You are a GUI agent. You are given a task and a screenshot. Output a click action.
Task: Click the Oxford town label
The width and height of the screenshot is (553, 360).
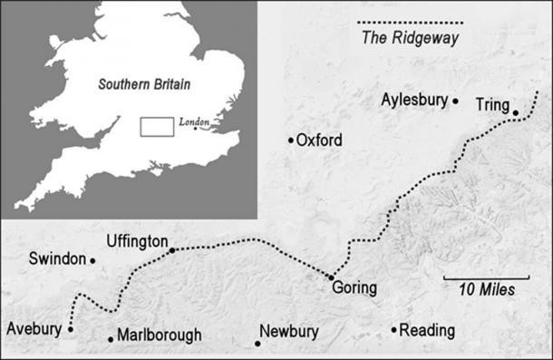pyautogui.click(x=319, y=141)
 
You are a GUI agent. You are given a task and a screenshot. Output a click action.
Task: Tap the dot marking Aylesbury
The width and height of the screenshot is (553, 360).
pyautogui.click(x=455, y=101)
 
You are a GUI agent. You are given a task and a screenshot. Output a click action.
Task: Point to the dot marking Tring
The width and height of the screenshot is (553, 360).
pyautogui.click(x=515, y=113)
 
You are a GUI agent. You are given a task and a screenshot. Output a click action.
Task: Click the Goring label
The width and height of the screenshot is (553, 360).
pyautogui.click(x=354, y=289)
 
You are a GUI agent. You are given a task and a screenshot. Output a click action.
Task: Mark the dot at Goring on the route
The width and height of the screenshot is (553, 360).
pyautogui.click(x=331, y=277)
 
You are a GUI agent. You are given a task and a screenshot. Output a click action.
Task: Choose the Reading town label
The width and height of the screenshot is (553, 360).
pyautogui.click(x=425, y=331)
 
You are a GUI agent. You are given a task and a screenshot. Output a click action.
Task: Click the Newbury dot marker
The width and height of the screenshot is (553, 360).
pyautogui.click(x=258, y=343)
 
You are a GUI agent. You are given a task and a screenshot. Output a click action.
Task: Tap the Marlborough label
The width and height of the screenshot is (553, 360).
pyautogui.click(x=160, y=336)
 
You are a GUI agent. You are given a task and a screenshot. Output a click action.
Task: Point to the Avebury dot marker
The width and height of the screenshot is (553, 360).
pyautogui.click(x=71, y=329)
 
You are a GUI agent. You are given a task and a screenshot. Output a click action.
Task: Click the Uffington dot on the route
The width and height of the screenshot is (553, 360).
pyautogui.click(x=172, y=249)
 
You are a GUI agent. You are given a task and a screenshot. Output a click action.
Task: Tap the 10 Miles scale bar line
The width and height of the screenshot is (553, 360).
pyautogui.click(x=486, y=277)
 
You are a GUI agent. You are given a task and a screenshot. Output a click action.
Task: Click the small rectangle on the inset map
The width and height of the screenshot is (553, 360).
pyautogui.click(x=156, y=126)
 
